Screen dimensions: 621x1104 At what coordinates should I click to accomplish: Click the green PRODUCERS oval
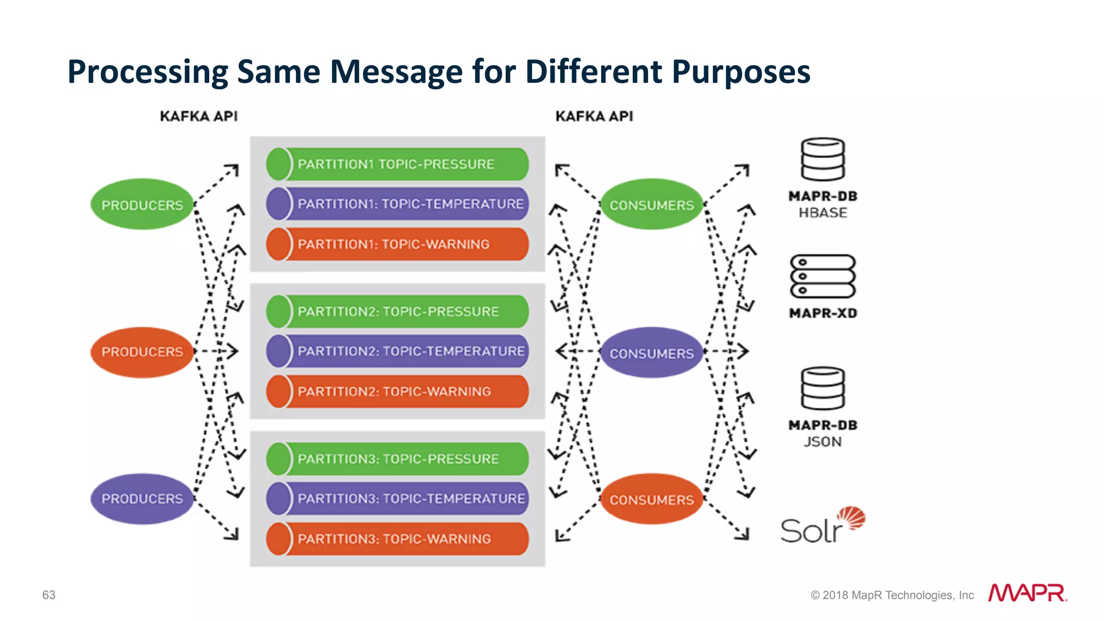142,205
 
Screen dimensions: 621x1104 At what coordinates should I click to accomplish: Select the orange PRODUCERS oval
142,352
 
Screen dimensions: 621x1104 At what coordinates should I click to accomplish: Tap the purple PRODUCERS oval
142,499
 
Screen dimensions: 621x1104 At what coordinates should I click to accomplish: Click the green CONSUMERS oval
651,205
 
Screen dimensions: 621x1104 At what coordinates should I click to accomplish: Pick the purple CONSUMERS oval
651,353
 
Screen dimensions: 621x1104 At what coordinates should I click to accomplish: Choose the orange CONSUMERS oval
651,499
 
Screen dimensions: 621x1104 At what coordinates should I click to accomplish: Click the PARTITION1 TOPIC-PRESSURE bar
397,164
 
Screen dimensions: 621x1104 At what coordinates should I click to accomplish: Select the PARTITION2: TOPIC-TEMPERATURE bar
397,351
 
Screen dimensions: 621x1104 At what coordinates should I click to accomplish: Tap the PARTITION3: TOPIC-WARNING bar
397,539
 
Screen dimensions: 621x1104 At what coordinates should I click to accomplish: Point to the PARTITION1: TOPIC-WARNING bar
397,244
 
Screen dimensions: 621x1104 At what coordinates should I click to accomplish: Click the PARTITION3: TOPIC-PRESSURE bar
397,459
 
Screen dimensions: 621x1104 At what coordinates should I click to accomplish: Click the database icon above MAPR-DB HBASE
822,159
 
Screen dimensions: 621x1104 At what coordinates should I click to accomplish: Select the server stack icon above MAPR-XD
823,276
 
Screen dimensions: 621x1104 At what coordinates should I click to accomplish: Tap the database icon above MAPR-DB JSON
822,389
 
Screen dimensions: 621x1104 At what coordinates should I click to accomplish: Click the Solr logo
822,526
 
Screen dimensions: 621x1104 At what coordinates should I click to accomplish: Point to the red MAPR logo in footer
1027,593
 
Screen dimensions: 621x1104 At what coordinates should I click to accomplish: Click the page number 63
49,595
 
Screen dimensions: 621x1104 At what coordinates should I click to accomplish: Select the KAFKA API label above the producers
198,116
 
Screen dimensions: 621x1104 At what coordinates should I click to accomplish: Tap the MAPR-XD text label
823,313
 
